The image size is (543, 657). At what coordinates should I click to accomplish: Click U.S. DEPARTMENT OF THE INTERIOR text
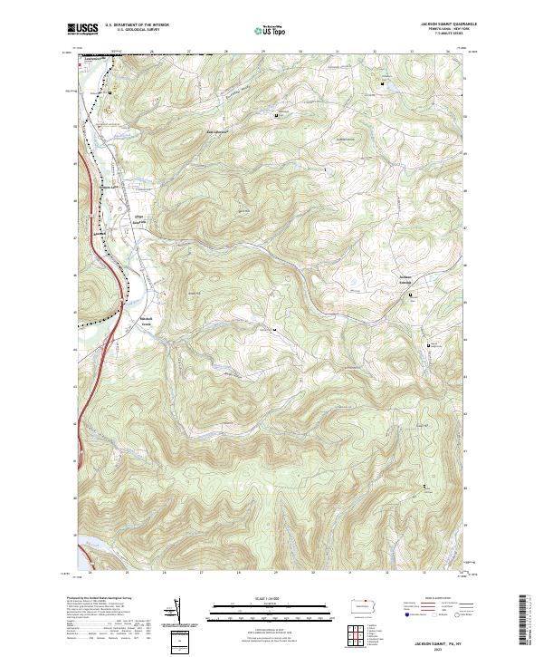(136, 25)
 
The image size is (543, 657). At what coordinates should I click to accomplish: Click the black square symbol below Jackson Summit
(412, 295)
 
